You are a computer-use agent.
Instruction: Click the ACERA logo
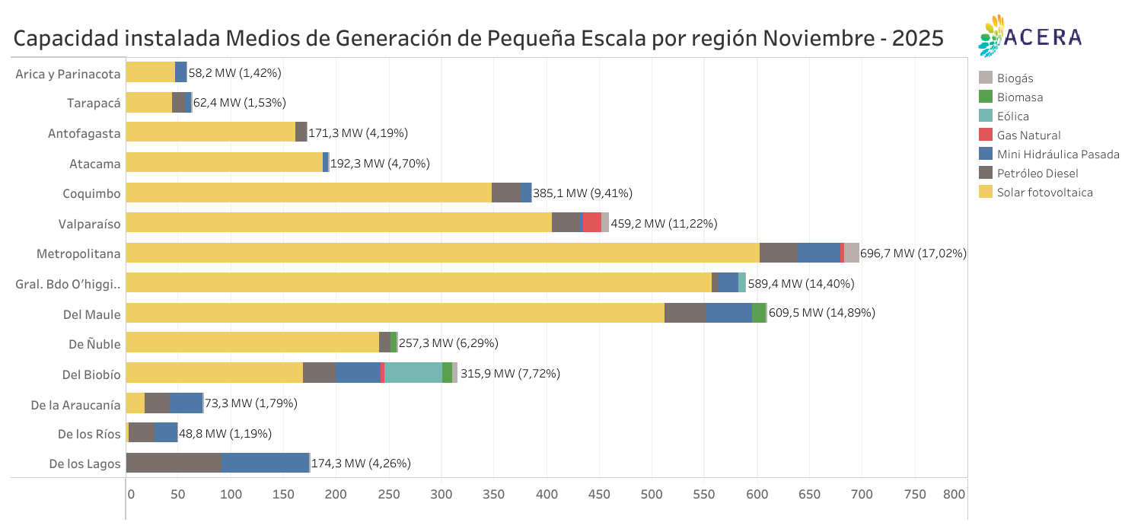[1030, 36]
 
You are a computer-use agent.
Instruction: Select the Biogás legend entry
[1015, 78]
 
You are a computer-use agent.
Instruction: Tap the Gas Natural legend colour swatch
[986, 135]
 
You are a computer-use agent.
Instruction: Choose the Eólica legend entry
[1012, 116]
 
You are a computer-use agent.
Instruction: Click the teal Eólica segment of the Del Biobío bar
[413, 373]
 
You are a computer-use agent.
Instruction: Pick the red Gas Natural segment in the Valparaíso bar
[592, 222]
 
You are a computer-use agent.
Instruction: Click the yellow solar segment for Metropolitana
[441, 253]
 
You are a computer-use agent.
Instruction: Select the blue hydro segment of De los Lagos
[265, 463]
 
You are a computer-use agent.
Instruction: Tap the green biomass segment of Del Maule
[759, 313]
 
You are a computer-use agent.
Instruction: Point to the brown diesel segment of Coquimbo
[505, 193]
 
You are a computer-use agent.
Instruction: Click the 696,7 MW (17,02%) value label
[913, 253]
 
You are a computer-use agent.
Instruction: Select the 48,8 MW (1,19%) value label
[225, 434]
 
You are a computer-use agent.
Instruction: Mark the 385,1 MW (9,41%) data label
[582, 193]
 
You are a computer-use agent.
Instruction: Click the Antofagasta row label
[84, 133]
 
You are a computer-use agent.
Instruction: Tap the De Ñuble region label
[94, 343]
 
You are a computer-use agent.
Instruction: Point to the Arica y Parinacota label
[68, 73]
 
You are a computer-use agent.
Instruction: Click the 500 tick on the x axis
[652, 494]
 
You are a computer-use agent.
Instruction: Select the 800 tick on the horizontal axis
[954, 494]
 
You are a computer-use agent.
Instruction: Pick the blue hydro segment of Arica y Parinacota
[180, 72]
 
